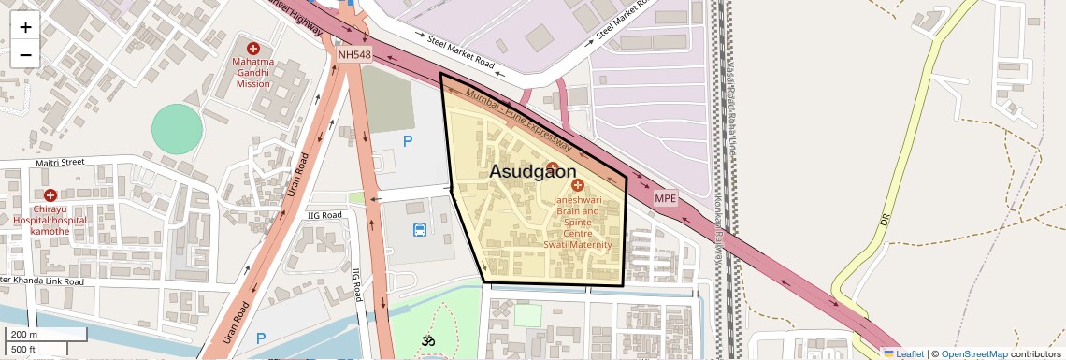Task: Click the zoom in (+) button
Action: click(25, 27)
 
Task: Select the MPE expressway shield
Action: click(665, 198)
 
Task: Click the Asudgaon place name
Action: click(533, 172)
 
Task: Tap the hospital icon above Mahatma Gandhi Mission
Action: click(252, 48)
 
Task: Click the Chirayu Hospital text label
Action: click(49, 219)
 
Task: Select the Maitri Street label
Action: click(60, 163)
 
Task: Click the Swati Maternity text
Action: click(578, 245)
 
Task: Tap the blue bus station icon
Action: click(420, 229)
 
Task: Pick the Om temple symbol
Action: click(429, 341)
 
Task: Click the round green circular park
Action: click(177, 129)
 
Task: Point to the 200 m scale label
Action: click(24, 334)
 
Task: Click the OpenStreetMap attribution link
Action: click(973, 353)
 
